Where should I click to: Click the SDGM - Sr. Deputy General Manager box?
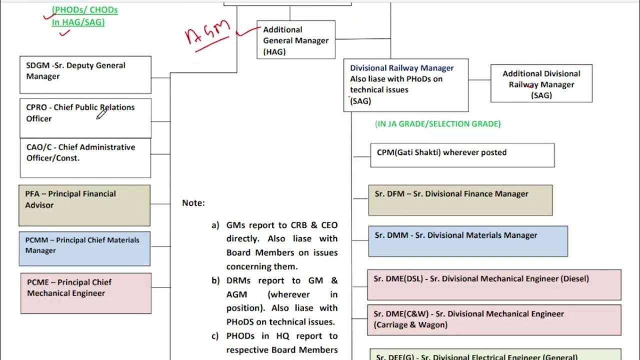pos(85,74)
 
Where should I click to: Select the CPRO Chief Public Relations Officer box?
pos(85,118)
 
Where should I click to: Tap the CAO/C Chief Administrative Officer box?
pos(85,158)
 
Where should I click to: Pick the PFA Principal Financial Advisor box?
pos(84,205)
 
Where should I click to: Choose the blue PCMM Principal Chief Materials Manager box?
pos(84,248)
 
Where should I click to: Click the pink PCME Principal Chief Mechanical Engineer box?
pos(86,293)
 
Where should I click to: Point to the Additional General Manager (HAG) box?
pos(296,40)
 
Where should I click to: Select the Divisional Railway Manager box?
pos(406,84)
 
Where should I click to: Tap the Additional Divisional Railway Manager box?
pos(541,83)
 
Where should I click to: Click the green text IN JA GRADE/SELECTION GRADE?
pos(437,124)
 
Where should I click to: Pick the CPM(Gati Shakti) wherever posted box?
pos(462,155)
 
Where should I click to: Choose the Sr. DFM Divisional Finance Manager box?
pos(460,200)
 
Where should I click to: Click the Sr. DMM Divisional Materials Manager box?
pos(468,241)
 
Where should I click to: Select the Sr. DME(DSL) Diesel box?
pos(494,285)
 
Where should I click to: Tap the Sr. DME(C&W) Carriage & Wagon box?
pos(494,319)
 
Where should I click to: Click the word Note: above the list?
pos(193,203)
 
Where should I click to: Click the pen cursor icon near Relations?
pos(101,114)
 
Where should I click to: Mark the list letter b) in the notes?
pos(215,280)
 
